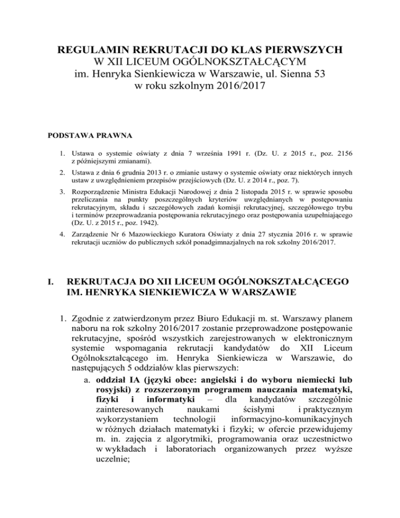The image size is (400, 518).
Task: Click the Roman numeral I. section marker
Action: tap(51, 282)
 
